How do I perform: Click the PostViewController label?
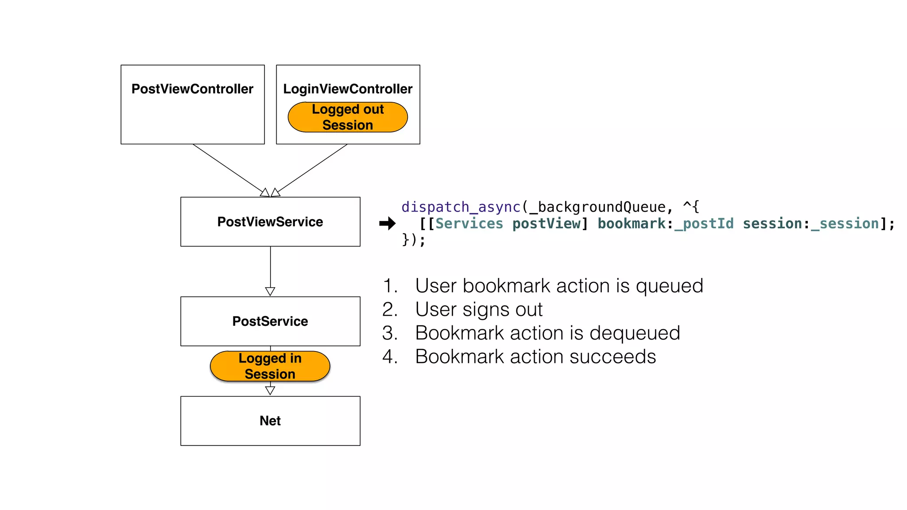pyautogui.click(x=192, y=89)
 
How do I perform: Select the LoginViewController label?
pyautogui.click(x=348, y=89)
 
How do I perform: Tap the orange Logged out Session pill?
pyautogui.click(x=348, y=117)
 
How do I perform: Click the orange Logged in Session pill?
pyautogui.click(x=270, y=366)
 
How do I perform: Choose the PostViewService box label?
pyautogui.click(x=270, y=222)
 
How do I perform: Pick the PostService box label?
pyautogui.click(x=270, y=321)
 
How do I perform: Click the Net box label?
pyautogui.click(x=270, y=421)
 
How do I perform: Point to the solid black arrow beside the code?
pyautogui.click(x=387, y=224)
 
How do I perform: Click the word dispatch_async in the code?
pyautogui.click(x=461, y=207)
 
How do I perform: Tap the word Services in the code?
pyautogui.click(x=469, y=224)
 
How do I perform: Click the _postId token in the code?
pyautogui.click(x=704, y=224)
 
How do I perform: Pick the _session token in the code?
pyautogui.click(x=845, y=224)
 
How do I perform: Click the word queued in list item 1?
pyautogui.click(x=669, y=286)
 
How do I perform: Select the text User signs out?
pyautogui.click(x=479, y=309)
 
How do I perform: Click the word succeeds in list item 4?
pyautogui.click(x=612, y=357)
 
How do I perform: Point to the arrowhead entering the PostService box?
pyautogui.click(x=270, y=291)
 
